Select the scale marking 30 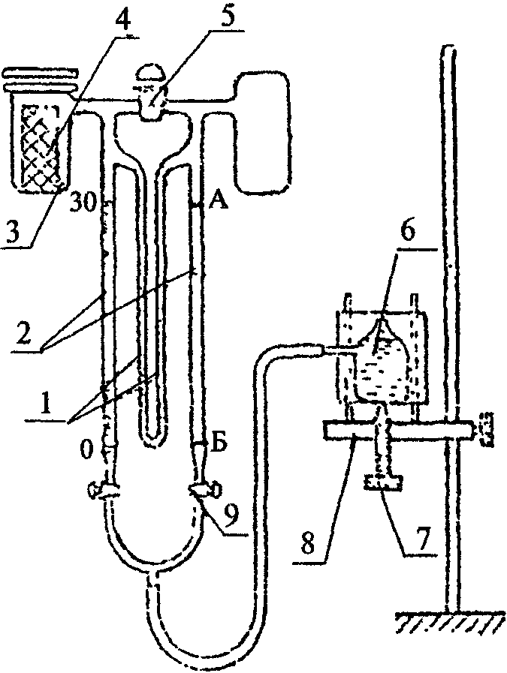(x=86, y=201)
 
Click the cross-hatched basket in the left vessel (x=39, y=143)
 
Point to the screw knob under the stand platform (x=383, y=480)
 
